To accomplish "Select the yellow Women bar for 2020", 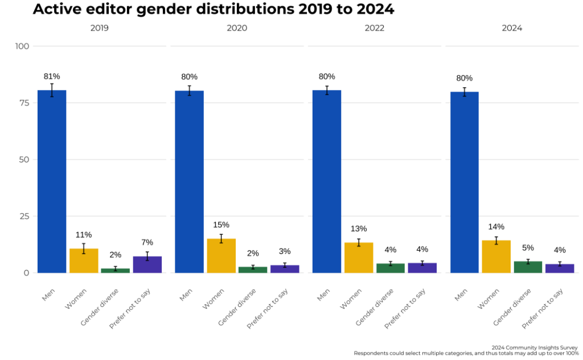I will [x=221, y=256].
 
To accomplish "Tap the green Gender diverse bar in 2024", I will [x=528, y=267].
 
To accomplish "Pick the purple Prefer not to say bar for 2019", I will [x=147, y=264].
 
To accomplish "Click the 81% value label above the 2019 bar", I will [x=52, y=76].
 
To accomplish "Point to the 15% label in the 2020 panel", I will [x=221, y=225].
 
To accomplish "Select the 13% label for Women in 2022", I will [x=359, y=229].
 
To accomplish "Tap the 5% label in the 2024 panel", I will [x=528, y=248].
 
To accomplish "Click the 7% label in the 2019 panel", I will [x=147, y=243].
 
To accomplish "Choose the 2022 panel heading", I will [x=374, y=27].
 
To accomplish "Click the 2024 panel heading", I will [x=512, y=27].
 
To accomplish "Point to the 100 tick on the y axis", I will [x=22, y=46].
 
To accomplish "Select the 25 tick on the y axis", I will [x=24, y=216].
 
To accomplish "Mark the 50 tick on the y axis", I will [x=24, y=159].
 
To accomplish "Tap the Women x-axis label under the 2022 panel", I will [x=351, y=298].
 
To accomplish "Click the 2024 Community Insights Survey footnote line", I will [x=534, y=347].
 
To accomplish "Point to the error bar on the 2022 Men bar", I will [x=327, y=90].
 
